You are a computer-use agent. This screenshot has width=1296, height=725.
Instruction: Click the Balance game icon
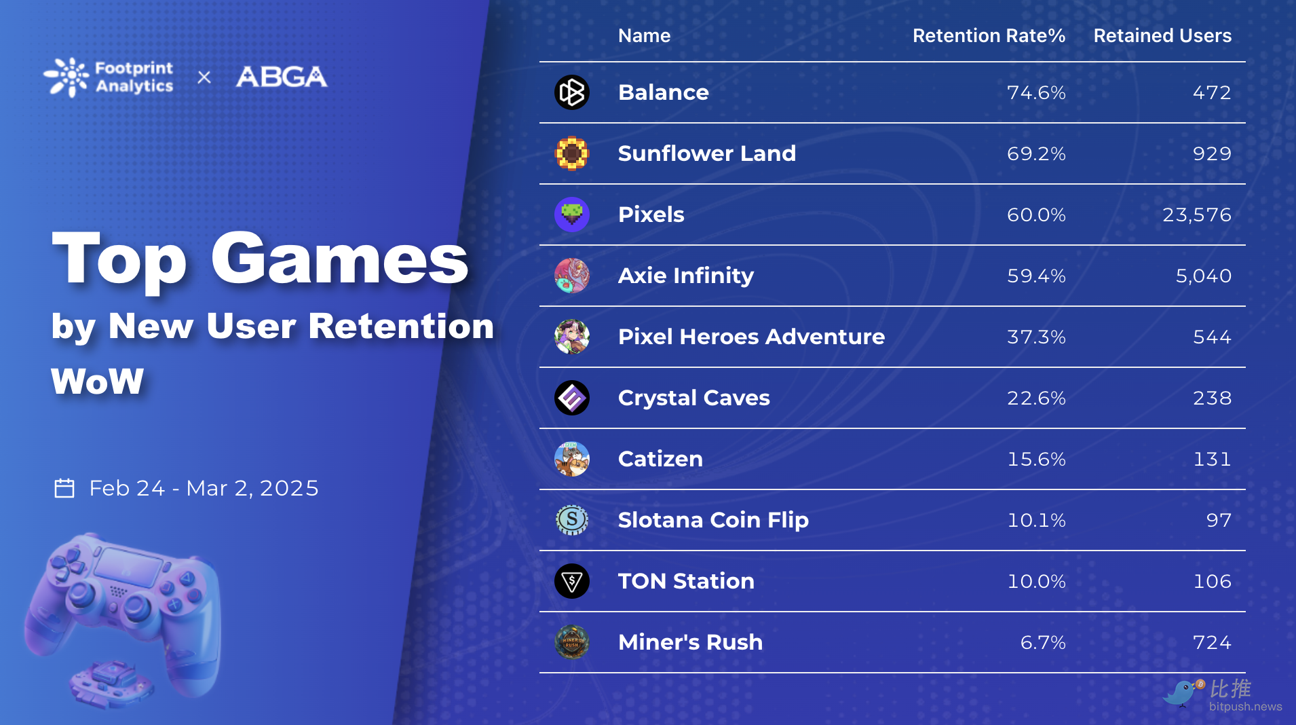pyautogui.click(x=572, y=92)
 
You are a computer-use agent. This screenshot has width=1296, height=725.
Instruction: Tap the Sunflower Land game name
pyautogui.click(x=706, y=153)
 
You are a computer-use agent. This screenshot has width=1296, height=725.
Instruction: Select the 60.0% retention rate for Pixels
pyautogui.click(x=1036, y=215)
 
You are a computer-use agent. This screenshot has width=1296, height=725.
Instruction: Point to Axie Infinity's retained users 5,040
pyautogui.click(x=1203, y=276)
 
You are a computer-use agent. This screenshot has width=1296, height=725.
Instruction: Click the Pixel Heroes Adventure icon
pyautogui.click(x=572, y=337)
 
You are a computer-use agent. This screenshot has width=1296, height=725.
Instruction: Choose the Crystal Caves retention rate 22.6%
pyautogui.click(x=1036, y=398)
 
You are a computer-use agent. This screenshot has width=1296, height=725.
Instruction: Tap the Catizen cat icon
pyautogui.click(x=572, y=459)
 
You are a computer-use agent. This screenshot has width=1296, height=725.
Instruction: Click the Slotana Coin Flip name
pyautogui.click(x=713, y=520)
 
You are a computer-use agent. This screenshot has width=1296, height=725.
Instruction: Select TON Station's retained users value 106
pyautogui.click(x=1212, y=581)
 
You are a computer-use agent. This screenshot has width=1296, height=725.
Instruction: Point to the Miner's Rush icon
pyautogui.click(x=572, y=642)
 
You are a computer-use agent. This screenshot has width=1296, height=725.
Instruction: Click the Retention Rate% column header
pyautogui.click(x=989, y=35)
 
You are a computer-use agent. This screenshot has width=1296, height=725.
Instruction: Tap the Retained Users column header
pyautogui.click(x=1162, y=35)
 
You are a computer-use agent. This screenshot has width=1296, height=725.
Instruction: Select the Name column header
pyautogui.click(x=644, y=35)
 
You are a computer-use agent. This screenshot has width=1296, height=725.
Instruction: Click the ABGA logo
pyautogui.click(x=282, y=77)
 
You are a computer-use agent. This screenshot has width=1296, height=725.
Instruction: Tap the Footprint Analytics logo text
pyautogui.click(x=134, y=77)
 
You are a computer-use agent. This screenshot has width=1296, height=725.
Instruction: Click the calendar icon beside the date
pyautogui.click(x=64, y=488)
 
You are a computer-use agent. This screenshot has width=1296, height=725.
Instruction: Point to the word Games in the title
pyautogui.click(x=339, y=260)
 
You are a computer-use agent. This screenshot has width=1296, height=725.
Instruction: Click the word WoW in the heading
pyautogui.click(x=98, y=381)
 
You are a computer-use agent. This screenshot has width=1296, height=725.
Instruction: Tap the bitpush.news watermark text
pyautogui.click(x=1246, y=707)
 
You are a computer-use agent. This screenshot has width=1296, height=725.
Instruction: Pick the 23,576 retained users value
pyautogui.click(x=1197, y=215)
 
